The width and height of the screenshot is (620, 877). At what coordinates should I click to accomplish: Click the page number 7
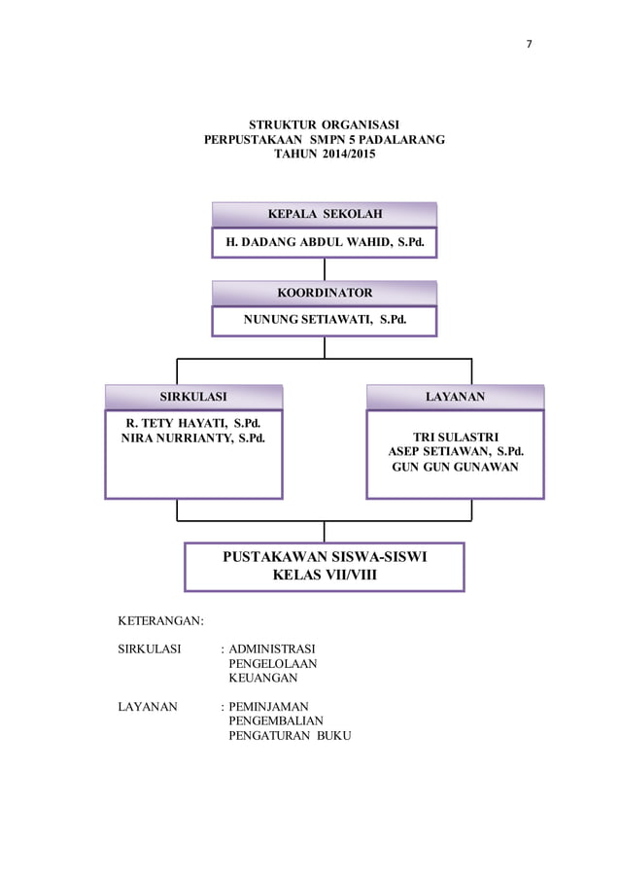(530, 45)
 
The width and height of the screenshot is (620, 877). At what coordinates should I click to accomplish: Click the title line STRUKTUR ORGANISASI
(324, 124)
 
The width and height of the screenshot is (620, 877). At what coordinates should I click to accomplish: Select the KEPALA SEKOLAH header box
(324, 214)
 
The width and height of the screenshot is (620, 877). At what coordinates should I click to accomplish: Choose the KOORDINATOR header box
(324, 293)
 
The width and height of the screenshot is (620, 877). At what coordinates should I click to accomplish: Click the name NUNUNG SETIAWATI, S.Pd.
(324, 320)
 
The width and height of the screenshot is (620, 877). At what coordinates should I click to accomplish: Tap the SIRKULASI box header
(193, 397)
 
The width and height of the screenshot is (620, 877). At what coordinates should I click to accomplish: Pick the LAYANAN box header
(455, 397)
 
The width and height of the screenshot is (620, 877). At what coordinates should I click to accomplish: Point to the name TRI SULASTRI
(456, 437)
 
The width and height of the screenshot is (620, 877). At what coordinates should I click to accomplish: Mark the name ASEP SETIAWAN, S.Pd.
(456, 451)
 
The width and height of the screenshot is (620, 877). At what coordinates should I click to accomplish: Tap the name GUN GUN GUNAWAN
(456, 467)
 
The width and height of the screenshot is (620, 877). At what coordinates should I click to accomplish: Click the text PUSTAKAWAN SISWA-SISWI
(325, 557)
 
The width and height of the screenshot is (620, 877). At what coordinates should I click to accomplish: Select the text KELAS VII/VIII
(325, 576)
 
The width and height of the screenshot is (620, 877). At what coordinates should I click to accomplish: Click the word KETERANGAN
(159, 620)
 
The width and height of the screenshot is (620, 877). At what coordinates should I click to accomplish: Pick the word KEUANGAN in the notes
(262, 678)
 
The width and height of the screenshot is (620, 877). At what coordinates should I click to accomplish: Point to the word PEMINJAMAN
(268, 707)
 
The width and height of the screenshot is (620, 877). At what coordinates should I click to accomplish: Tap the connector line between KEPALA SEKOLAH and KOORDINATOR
(325, 269)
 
